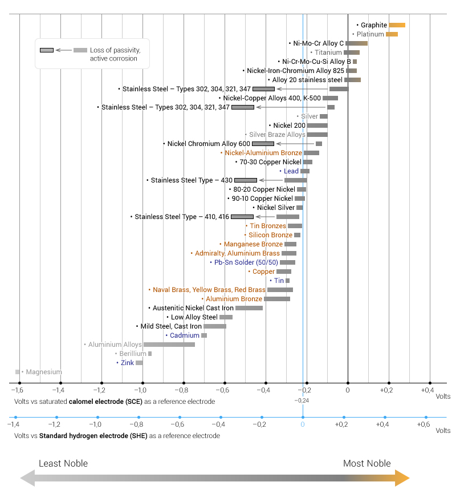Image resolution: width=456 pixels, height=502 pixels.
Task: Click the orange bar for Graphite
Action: pos(397,25)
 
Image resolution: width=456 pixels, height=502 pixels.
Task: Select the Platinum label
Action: pos(370,34)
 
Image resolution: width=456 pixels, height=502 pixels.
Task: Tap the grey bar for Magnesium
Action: pos(18,372)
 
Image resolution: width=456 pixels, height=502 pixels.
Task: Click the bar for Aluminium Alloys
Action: pos(169,345)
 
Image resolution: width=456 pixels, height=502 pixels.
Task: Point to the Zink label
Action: pos(127,363)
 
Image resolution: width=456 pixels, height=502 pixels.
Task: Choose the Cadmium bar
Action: pos(204,335)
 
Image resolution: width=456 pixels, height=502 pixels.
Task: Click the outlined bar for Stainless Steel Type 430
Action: pos(246,180)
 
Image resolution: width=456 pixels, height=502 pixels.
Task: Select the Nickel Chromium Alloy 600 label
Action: pos(209,144)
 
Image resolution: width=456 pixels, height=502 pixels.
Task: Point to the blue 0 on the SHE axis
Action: pos(303,425)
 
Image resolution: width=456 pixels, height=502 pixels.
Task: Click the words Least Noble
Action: pos(63,463)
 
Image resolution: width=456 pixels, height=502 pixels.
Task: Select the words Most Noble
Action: pos(367,463)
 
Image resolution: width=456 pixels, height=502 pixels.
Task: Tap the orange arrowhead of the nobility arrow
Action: pos(402,478)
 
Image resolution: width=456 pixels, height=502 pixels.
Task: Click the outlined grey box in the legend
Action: pos(47,50)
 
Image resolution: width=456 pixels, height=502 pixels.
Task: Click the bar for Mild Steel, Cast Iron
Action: pos(215,326)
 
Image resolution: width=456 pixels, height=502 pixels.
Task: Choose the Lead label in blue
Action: pos(291,171)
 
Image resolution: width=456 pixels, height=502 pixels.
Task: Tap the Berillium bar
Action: pos(150,354)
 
